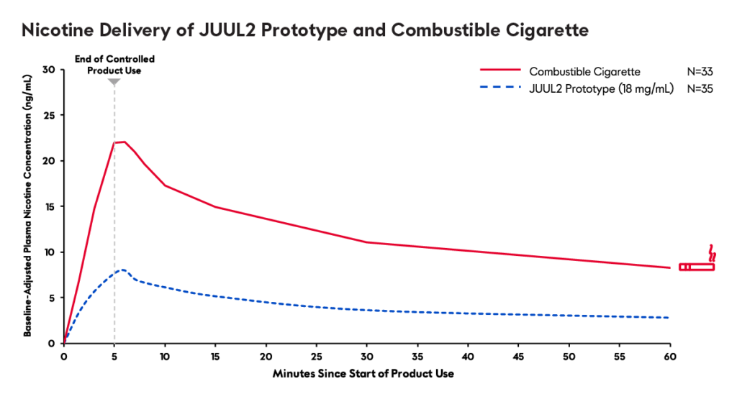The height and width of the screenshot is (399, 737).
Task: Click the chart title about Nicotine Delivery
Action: click(x=305, y=30)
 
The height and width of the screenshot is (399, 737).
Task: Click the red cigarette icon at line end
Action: click(x=697, y=264)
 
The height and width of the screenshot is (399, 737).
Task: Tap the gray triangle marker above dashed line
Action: click(x=114, y=82)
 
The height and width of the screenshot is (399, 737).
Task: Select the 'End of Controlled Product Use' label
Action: click(x=114, y=65)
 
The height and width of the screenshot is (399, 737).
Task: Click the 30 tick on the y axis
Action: click(x=49, y=70)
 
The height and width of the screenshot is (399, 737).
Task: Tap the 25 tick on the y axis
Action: click(x=49, y=115)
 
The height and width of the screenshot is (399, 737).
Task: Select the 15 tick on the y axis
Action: click(x=49, y=206)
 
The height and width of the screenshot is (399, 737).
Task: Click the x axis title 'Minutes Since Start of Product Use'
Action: click(x=363, y=375)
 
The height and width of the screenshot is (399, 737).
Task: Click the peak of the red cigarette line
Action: click(x=124, y=142)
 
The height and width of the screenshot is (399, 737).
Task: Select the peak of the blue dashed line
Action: click(x=123, y=270)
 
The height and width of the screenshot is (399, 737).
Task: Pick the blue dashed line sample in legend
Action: click(x=500, y=89)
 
